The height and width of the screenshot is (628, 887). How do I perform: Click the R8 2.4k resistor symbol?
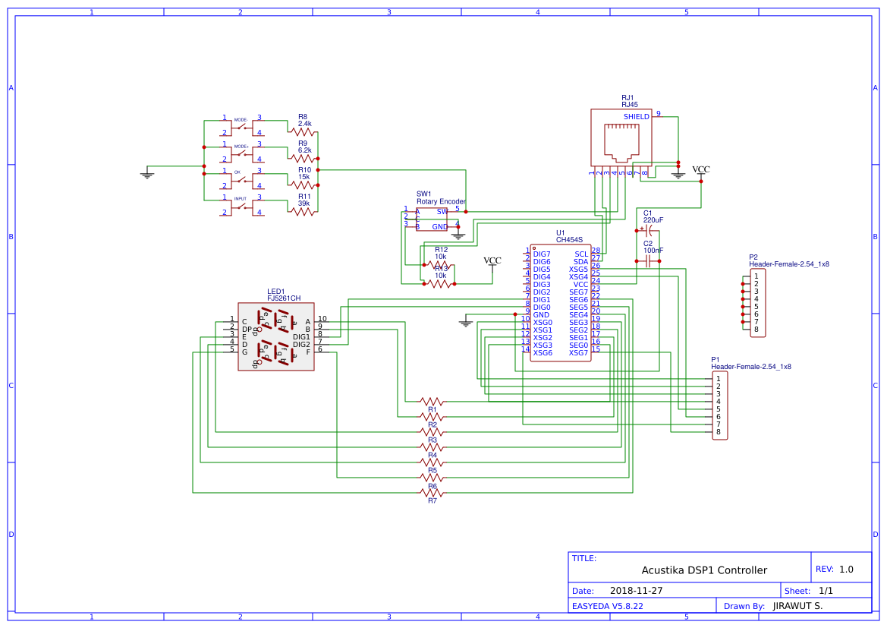pos(303,132)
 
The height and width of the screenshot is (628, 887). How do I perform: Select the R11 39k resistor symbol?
pos(303,212)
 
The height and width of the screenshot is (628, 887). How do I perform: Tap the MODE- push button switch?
pos(241,125)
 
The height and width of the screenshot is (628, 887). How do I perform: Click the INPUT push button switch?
pos(241,205)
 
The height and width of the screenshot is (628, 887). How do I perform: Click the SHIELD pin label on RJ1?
pos(636,117)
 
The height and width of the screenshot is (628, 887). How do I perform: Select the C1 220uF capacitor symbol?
pos(648,229)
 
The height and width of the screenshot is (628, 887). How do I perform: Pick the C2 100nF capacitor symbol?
pos(648,261)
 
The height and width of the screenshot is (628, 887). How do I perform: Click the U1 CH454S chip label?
pos(569,239)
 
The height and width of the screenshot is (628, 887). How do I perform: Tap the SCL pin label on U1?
pos(580,254)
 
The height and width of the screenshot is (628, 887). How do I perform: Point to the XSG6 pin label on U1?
pos(543,353)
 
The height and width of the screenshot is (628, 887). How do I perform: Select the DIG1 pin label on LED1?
pos(301,336)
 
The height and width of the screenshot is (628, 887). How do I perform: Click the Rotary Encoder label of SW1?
pos(441,202)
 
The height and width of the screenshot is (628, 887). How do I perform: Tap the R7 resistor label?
pos(432,501)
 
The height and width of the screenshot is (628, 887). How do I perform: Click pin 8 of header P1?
pos(718,432)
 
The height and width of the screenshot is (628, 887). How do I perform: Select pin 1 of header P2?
pos(756,276)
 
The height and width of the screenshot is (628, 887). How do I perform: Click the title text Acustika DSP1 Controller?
pos(704,570)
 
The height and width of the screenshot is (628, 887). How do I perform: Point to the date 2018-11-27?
pos(636,591)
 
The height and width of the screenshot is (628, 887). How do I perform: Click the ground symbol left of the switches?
pos(147,175)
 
